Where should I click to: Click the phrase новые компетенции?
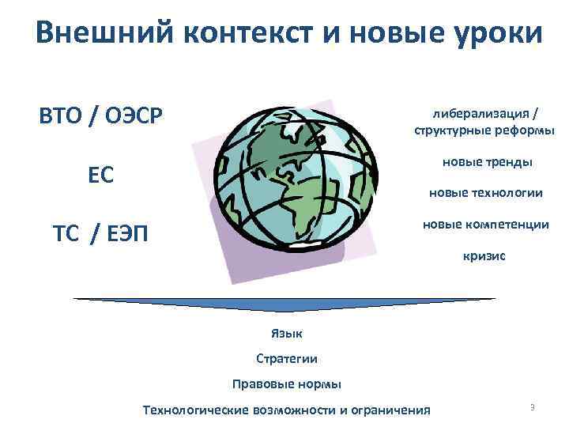point(485,225)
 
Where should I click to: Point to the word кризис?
point(484,256)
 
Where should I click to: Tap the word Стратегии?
point(287,358)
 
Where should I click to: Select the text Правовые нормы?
point(287,384)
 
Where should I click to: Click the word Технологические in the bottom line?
point(195,410)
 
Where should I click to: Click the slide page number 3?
point(533,407)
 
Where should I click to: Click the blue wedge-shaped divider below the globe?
point(284,304)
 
